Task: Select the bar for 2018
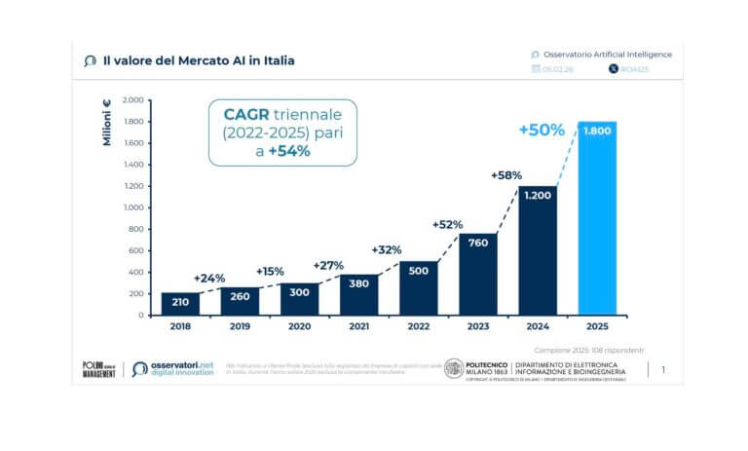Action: (180, 304)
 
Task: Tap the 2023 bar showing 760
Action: (478, 274)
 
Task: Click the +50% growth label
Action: (541, 130)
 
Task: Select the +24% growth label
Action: (210, 278)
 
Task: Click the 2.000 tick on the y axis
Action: (131, 100)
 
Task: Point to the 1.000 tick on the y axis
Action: (131, 207)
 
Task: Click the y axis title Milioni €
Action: (107, 123)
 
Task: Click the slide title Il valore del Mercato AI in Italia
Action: (199, 60)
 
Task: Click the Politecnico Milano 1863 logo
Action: (454, 369)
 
